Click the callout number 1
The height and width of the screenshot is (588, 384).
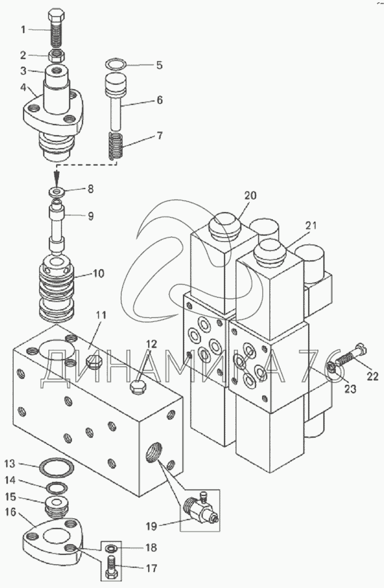(x=23, y=29)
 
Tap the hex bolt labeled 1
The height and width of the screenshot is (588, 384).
(x=56, y=29)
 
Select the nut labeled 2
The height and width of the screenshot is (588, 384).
(x=57, y=56)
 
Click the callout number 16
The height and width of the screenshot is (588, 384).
(x=11, y=512)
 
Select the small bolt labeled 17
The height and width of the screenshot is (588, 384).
(x=112, y=566)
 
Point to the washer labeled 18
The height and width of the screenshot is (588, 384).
(x=111, y=548)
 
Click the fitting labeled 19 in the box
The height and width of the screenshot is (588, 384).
(x=200, y=508)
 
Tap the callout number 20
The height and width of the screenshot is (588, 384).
(x=250, y=195)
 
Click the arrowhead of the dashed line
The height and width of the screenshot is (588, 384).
(x=57, y=176)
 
